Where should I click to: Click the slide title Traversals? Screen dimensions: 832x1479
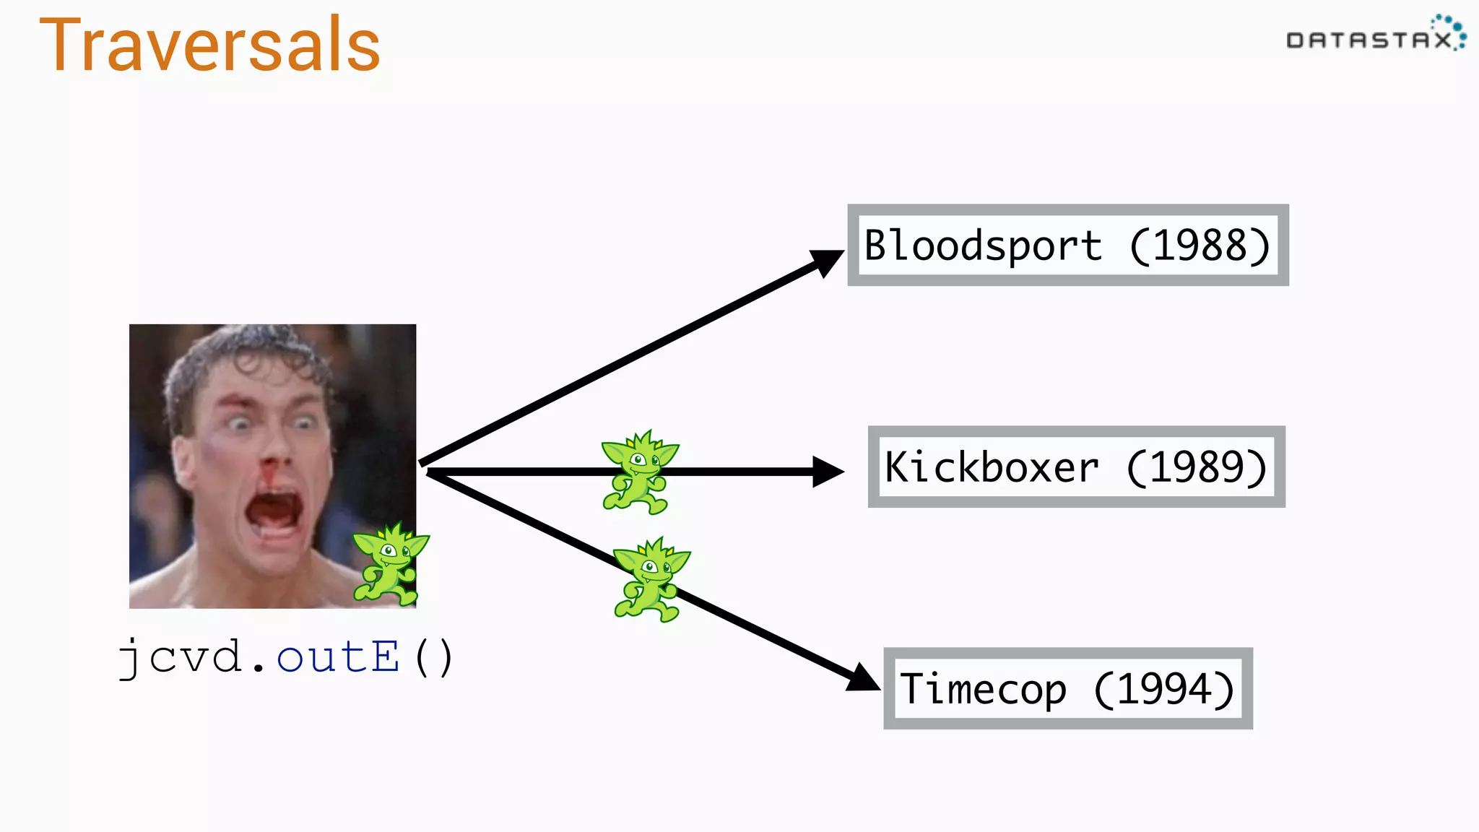click(209, 45)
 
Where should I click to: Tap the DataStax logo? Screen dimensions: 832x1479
click(1375, 36)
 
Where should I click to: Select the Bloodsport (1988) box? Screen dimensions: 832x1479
click(1067, 245)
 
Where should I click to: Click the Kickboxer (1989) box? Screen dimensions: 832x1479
click(1076, 467)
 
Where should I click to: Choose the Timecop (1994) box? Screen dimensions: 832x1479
click(1067, 688)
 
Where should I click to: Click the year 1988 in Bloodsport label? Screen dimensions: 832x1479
click(1200, 246)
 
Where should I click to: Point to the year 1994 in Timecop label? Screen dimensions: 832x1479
click(1163, 689)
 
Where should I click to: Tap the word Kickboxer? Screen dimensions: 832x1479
click(992, 467)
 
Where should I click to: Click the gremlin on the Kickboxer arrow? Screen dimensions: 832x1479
click(638, 472)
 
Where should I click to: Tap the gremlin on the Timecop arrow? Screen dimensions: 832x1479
click(650, 579)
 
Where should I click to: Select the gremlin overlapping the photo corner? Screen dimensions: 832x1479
click(390, 564)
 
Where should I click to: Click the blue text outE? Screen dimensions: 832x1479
click(337, 657)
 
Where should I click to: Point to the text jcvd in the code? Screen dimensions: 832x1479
click(181, 657)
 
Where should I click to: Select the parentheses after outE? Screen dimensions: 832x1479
click(434, 657)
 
